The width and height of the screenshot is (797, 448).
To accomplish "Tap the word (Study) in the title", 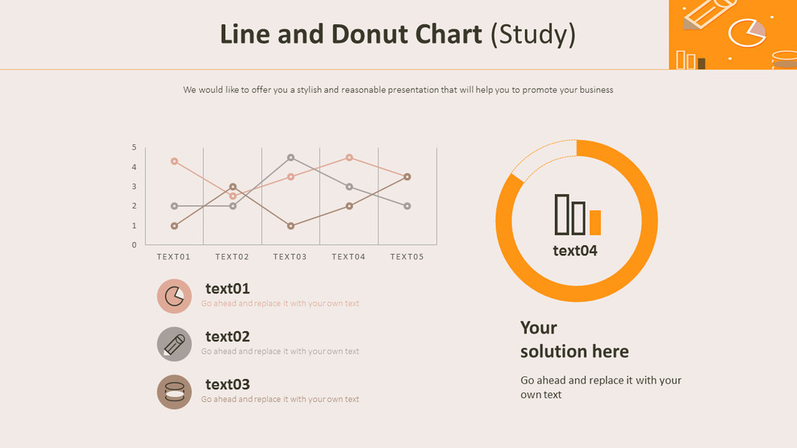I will click(x=533, y=34).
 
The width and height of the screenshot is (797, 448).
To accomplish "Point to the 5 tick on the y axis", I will click(x=135, y=147).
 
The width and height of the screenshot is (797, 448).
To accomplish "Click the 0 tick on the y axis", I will click(x=135, y=245).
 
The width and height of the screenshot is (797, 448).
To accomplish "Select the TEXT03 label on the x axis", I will click(x=290, y=257).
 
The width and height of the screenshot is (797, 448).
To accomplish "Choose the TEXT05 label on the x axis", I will click(x=407, y=257).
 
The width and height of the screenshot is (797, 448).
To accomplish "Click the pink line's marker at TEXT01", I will click(x=174, y=161).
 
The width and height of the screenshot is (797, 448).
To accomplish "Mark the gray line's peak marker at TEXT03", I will click(x=290, y=158).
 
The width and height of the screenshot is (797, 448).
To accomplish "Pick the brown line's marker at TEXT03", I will click(x=290, y=226).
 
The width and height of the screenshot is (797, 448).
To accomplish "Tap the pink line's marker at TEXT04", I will click(x=349, y=158).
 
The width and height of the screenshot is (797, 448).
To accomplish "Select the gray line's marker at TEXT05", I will click(x=407, y=206).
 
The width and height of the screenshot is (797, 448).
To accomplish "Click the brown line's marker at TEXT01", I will click(x=174, y=226).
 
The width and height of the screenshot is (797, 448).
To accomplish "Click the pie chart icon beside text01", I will click(x=174, y=297).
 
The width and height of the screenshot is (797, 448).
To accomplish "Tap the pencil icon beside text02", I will click(x=174, y=344).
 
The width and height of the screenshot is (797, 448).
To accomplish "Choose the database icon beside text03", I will click(x=174, y=392).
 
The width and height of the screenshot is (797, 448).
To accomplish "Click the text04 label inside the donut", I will click(x=575, y=251).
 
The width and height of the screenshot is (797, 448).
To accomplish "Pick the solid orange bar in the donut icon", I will click(x=595, y=222).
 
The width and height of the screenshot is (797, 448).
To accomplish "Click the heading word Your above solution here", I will click(x=539, y=328).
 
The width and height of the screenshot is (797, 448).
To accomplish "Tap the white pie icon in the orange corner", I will click(x=746, y=33).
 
